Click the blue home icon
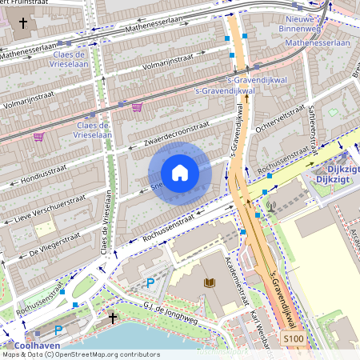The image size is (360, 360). coord(180,173)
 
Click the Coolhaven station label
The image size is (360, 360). coord(32,346)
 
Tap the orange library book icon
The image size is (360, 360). coord(210,282)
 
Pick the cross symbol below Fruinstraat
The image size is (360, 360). coord(23,23)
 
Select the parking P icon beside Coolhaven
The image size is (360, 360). coord(58,330)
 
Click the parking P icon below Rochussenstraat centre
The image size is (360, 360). coord(150,282)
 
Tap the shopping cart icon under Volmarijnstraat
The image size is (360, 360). coord(137,106)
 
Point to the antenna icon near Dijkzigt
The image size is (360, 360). coord(270,206)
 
